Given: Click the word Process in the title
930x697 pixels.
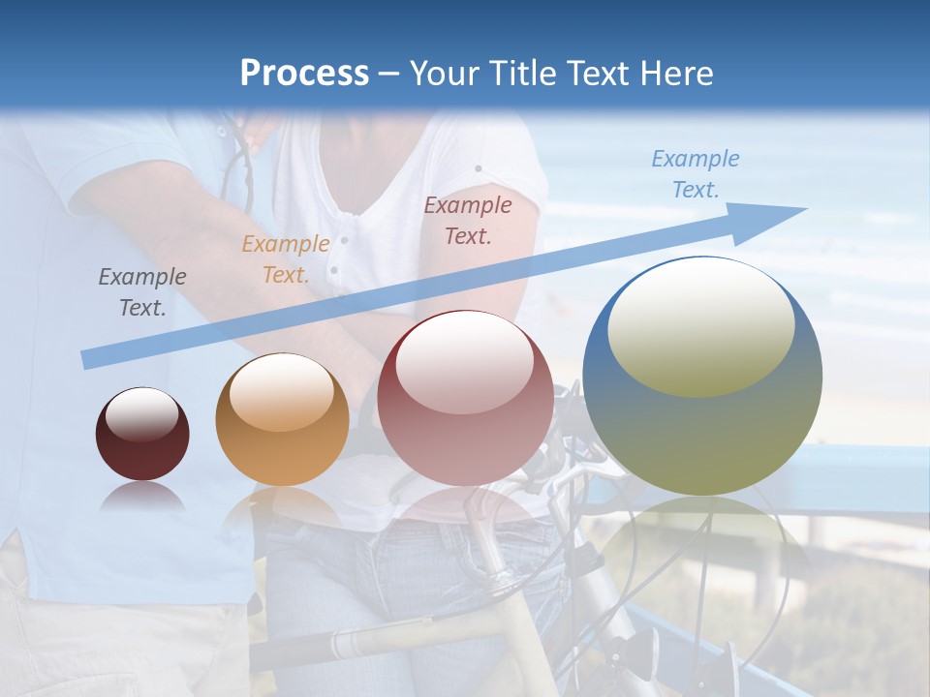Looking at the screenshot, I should (x=304, y=74).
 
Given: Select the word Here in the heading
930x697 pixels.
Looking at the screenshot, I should (x=676, y=74).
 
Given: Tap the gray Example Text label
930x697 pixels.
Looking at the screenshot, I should (x=142, y=292).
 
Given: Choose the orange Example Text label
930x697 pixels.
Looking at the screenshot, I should (x=285, y=259).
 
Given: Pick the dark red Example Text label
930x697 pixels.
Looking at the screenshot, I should (x=468, y=220).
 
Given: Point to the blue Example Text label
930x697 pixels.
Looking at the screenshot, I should (x=696, y=174).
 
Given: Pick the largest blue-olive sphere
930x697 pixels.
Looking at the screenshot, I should (x=702, y=426).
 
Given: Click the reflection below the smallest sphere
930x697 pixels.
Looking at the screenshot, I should (x=142, y=498).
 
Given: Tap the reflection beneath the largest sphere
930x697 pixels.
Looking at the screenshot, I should (x=702, y=542).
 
